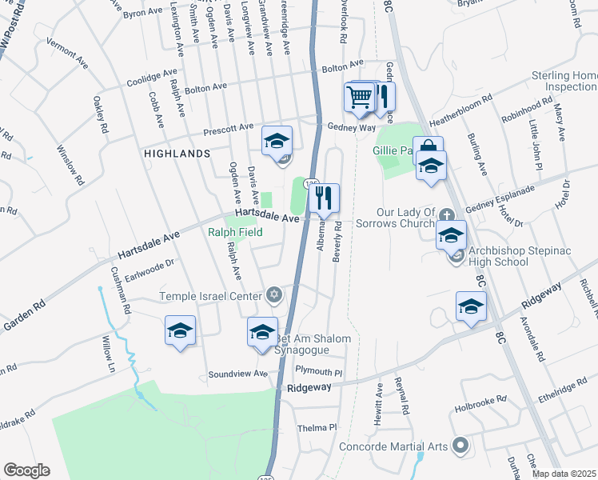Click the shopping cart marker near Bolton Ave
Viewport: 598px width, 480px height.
point(360,98)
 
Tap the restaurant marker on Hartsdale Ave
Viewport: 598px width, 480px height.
point(324,198)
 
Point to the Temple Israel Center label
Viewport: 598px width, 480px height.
point(211,296)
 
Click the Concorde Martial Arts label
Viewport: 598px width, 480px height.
point(392,446)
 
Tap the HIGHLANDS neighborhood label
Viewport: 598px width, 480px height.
point(177,152)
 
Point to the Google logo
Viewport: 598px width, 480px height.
point(26,470)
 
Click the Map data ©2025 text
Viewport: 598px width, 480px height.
point(564,474)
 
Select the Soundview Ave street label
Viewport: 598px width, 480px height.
point(237,374)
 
